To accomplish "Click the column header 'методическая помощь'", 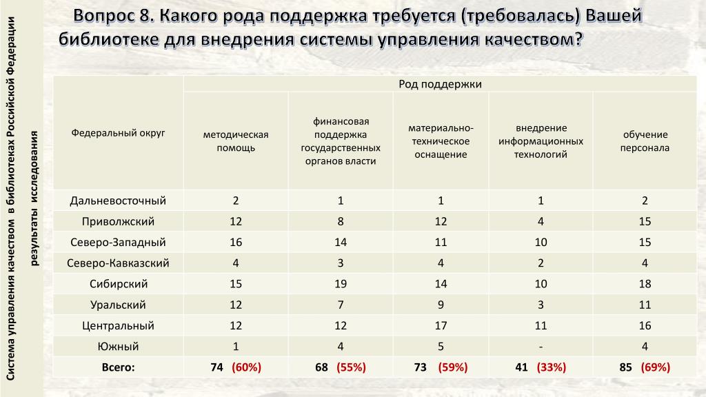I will pyautogui.click(x=235, y=141).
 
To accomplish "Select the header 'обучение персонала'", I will pyautogui.click(x=645, y=141).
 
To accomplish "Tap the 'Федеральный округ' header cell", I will pyautogui.click(x=118, y=132).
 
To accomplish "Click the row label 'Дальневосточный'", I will pyautogui.click(x=118, y=201).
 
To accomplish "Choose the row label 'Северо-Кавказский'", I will pyautogui.click(x=118, y=263).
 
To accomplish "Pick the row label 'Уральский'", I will pyautogui.click(x=118, y=305).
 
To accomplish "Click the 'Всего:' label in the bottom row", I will pyautogui.click(x=118, y=367).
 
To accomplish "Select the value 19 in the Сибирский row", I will pyautogui.click(x=341, y=284).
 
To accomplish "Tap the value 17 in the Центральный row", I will pyautogui.click(x=441, y=325).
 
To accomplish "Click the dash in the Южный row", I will pyautogui.click(x=541, y=346).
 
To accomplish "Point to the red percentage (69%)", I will pyautogui.click(x=655, y=367).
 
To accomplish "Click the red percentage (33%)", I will pyautogui.click(x=551, y=367).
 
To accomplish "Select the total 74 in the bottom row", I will pyautogui.click(x=217, y=367).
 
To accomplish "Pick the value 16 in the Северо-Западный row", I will pyautogui.click(x=235, y=243).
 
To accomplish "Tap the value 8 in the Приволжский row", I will pyautogui.click(x=341, y=222).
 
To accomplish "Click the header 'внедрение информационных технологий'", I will pyautogui.click(x=541, y=141).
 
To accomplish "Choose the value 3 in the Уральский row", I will pyautogui.click(x=541, y=305).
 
